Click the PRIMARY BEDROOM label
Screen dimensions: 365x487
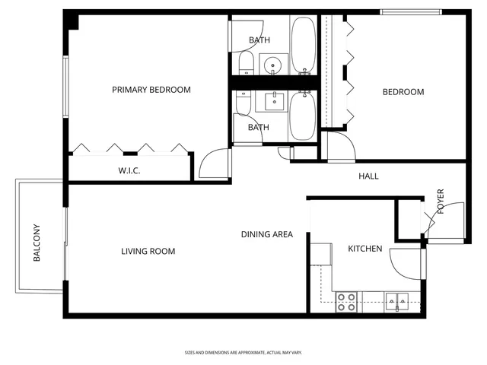151,90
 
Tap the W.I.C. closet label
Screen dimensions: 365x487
129,171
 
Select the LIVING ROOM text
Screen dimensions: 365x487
148,251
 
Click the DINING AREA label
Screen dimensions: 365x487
267,234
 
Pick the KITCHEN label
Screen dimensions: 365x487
364,249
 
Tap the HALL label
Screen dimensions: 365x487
368,176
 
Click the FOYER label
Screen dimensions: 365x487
440,202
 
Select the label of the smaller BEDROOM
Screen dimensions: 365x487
403,92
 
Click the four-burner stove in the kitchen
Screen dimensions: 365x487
347,302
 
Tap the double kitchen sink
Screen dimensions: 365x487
398,302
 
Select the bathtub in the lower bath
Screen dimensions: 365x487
302,116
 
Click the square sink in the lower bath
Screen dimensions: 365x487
273,100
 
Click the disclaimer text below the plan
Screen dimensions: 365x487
243,353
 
